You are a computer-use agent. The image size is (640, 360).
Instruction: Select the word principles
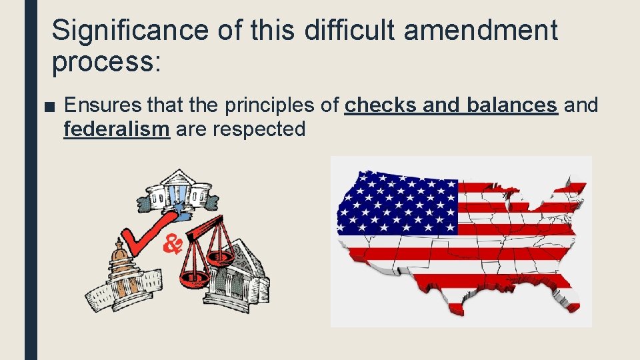[263, 105]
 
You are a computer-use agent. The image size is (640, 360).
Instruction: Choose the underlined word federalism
[116, 129]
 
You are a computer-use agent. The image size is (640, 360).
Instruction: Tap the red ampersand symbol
[173, 244]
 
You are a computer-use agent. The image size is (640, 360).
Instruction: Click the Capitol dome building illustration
[120, 273]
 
